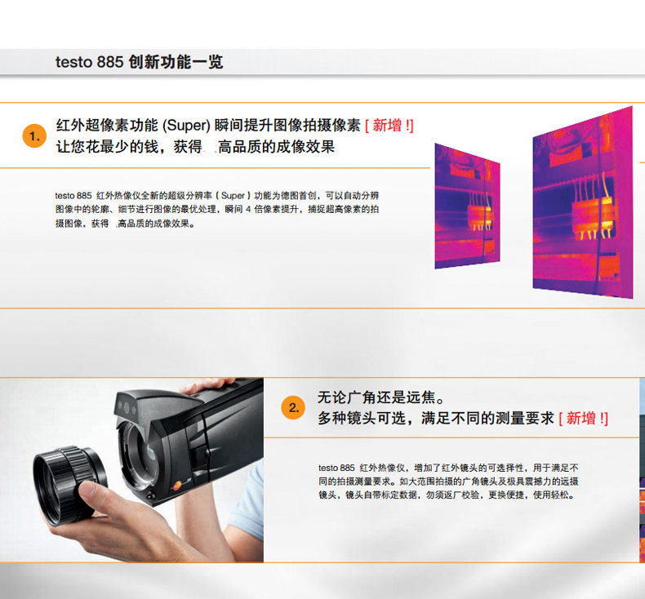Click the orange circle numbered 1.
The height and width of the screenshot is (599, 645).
34,136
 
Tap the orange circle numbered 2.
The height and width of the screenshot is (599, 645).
293,408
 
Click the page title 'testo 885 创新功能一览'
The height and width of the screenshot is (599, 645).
139,62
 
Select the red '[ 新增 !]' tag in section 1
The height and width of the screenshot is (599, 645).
389,126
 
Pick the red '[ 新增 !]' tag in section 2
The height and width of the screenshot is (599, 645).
583,419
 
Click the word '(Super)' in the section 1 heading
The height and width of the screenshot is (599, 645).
186,126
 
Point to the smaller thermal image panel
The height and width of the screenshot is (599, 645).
467,206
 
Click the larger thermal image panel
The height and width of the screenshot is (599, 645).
582,202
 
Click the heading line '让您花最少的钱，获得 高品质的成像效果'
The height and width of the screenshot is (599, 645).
195,147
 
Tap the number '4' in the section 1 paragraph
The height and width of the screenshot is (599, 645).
248,209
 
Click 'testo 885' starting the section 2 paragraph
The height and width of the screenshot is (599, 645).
336,468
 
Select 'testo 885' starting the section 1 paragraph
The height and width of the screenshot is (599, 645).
73,196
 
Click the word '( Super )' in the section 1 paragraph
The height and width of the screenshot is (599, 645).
234,196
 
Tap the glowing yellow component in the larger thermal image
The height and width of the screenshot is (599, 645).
594,218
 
